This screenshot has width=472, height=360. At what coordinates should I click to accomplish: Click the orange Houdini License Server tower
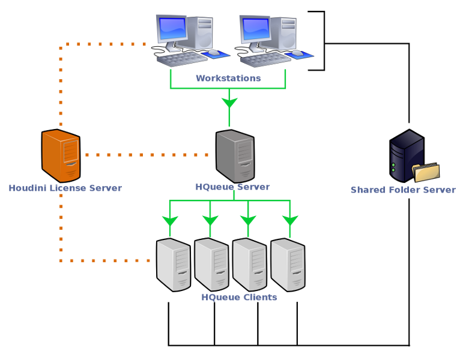(x=61, y=155)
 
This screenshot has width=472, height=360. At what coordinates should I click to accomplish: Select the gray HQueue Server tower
(x=235, y=155)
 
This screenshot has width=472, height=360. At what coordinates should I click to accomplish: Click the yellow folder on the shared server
(x=427, y=173)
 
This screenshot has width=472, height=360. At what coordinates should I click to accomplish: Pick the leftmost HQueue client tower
(x=174, y=265)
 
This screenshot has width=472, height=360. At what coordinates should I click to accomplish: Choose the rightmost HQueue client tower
(x=288, y=265)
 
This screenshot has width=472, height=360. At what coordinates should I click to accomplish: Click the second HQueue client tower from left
(x=211, y=265)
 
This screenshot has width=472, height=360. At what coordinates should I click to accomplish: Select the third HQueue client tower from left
(x=249, y=265)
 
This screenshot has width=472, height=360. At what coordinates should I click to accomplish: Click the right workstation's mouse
(x=297, y=53)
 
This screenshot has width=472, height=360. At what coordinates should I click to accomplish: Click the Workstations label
(x=228, y=79)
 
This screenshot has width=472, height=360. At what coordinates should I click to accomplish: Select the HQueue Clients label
(x=239, y=298)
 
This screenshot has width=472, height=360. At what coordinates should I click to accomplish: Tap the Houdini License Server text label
(x=65, y=188)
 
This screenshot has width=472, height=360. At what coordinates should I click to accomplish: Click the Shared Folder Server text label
(x=403, y=190)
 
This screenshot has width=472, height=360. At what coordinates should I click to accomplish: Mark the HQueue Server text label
(x=232, y=187)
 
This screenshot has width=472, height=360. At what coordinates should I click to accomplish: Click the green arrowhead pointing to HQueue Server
(x=229, y=103)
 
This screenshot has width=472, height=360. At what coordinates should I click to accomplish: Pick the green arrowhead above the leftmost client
(x=170, y=221)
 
